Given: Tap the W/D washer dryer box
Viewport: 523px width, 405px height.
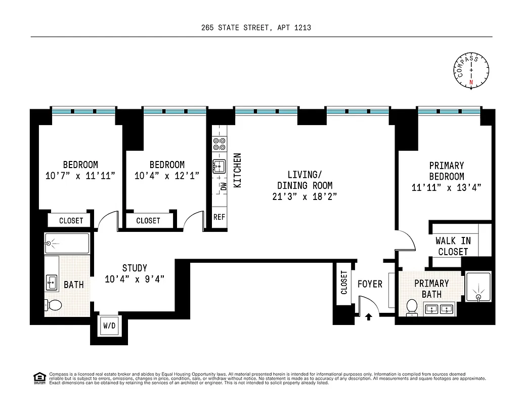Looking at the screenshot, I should pos(109,326).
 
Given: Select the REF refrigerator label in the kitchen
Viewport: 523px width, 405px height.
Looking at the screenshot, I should pos(219,217).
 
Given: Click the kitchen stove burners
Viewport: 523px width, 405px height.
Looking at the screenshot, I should pos(219,144).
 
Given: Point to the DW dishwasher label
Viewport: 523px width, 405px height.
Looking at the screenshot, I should pos(223,186).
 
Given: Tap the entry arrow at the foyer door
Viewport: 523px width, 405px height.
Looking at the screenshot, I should pos(368,317).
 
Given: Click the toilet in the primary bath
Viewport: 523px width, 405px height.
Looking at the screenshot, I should pos(412,307).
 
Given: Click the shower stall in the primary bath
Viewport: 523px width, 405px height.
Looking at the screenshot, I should pos(477,289).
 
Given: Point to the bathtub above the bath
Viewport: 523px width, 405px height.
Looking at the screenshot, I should pos(67,243).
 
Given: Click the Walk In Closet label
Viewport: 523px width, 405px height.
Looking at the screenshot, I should pos(453,247).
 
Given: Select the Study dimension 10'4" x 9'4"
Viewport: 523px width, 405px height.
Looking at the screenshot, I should pos(135,279).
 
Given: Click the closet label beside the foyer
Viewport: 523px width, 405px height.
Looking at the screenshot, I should pos(344,282).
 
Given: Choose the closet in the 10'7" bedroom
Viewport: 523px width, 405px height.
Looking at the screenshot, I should pos(71,221).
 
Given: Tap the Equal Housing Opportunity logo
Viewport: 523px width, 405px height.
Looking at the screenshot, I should pos(38,378).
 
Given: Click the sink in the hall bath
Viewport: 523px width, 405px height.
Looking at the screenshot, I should pos(52,282).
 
